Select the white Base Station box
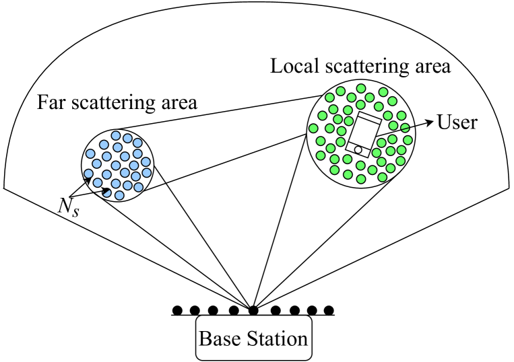[x=253, y=338]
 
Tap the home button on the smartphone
[x=358, y=149]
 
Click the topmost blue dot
[x=116, y=135]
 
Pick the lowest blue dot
[x=119, y=195]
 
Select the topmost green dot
[x=361, y=88]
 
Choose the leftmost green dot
[x=313, y=128]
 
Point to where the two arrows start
[x=70, y=198]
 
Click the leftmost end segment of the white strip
[x=12, y=192]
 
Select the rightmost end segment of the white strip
[x=502, y=192]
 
